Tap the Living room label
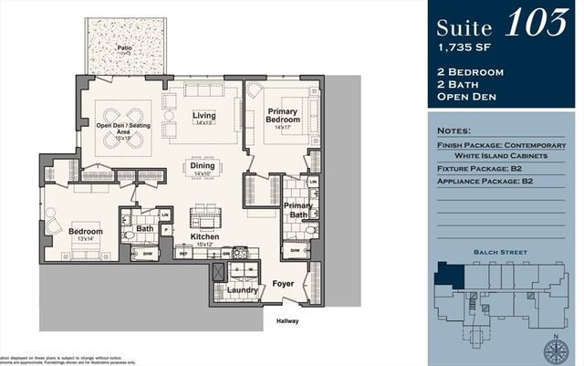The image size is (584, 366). pyautogui.click(x=203, y=116)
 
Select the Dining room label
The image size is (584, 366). pyautogui.click(x=203, y=167)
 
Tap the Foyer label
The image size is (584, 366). pyautogui.click(x=284, y=285)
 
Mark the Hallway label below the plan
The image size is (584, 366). pyautogui.click(x=288, y=321)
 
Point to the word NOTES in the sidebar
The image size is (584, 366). pyautogui.click(x=455, y=131)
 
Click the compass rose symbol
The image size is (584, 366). pyautogui.click(x=556, y=349)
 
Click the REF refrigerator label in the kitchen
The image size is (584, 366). pyautogui.click(x=182, y=255)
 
